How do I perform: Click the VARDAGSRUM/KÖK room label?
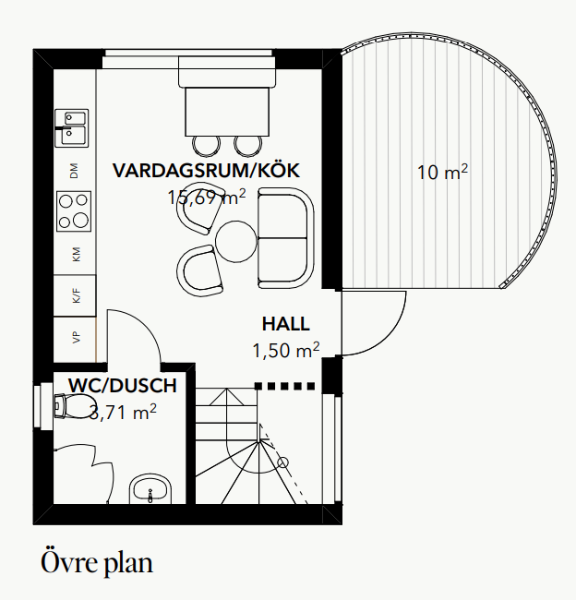pos(206,171)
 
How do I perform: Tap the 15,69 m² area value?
pos(207,197)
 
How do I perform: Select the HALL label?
pos(285,324)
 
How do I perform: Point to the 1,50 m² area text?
pos(285,350)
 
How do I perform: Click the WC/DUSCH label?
pos(122,385)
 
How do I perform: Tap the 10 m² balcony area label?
pos(442,172)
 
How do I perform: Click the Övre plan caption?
pos(97,561)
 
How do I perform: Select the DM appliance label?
pos(75,170)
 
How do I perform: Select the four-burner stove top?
pos(74,210)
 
